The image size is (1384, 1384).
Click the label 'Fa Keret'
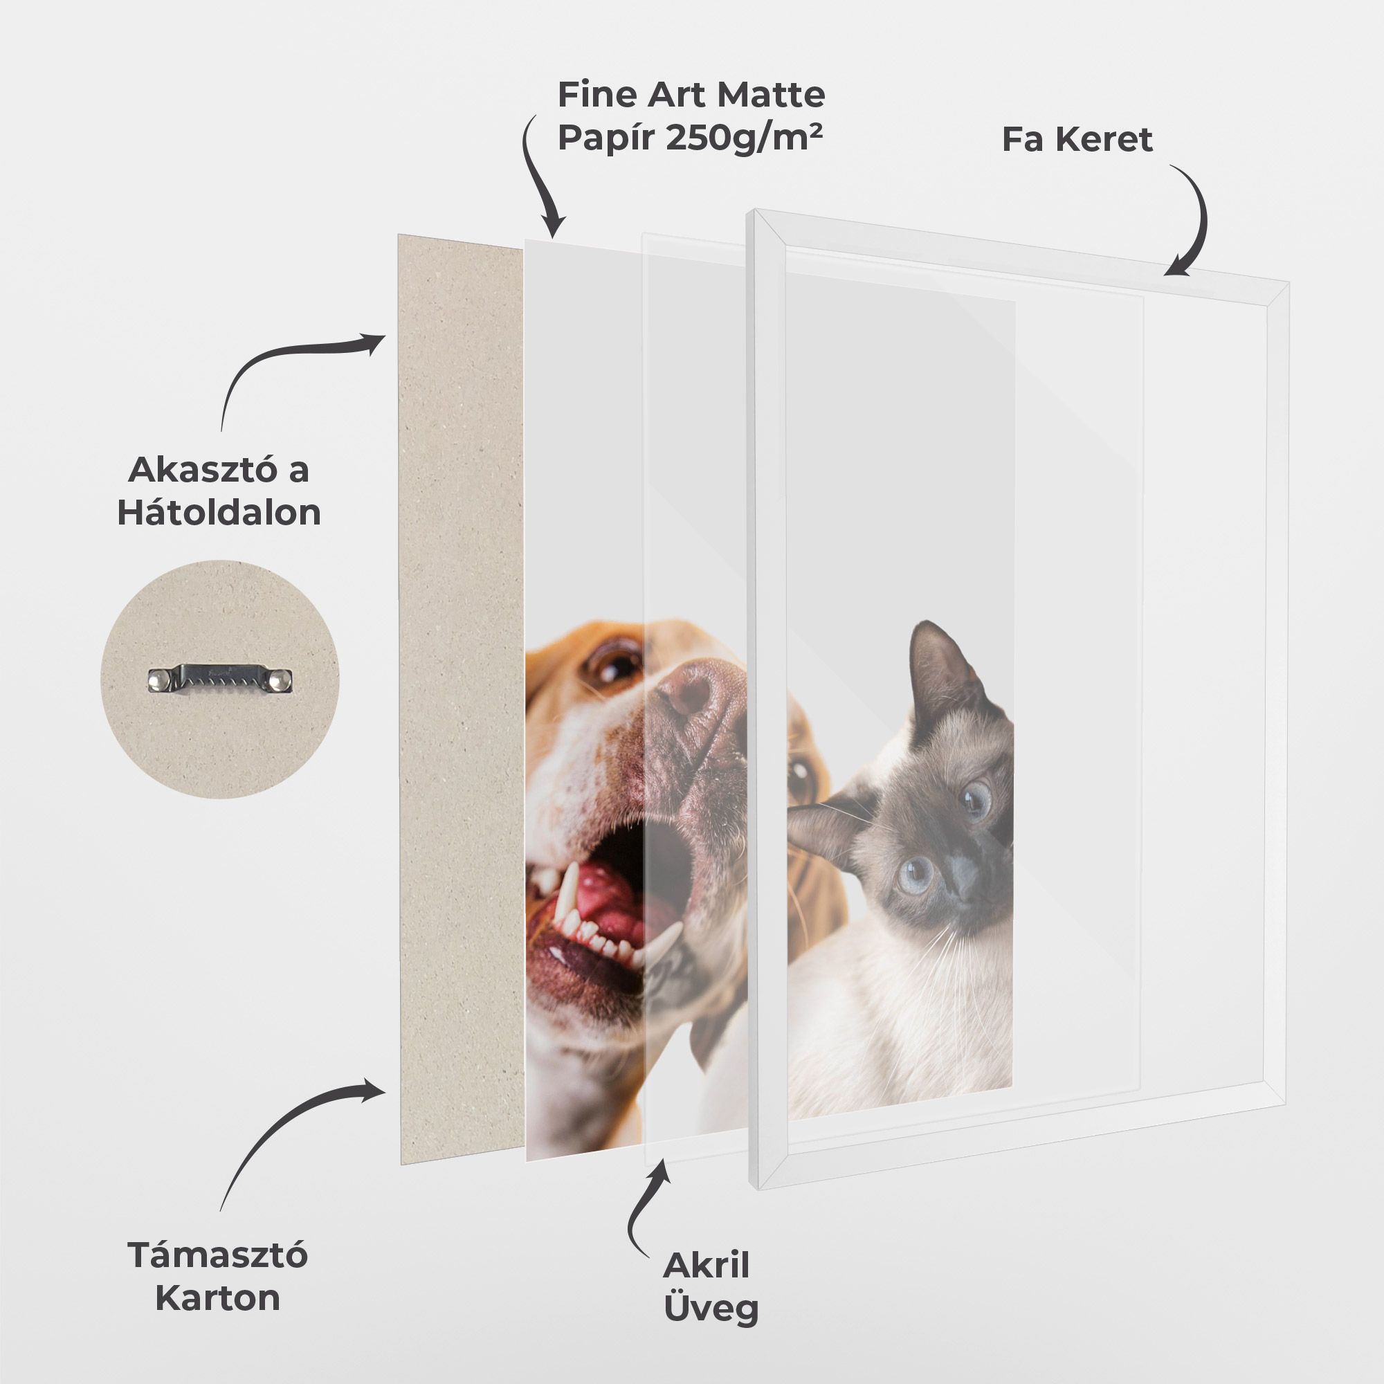click(1077, 140)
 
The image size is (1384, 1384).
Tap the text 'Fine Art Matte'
click(691, 95)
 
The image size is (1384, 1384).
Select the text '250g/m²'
click(744, 138)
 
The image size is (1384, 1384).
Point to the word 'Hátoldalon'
click(219, 513)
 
